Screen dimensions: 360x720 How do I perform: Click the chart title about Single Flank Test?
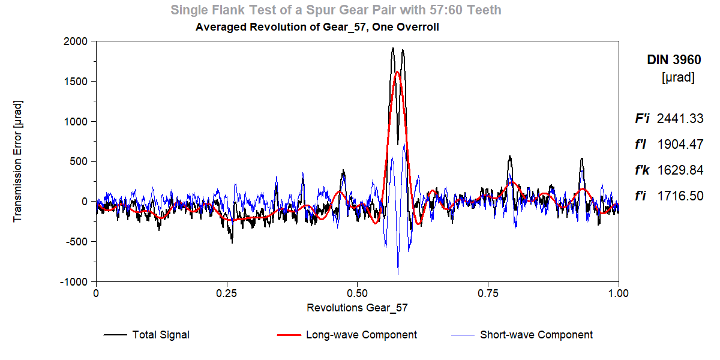(336, 10)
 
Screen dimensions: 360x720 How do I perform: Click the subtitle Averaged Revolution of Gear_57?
(317, 27)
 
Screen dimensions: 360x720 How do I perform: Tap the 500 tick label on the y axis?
(80, 161)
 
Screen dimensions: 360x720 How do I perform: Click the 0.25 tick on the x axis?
(227, 293)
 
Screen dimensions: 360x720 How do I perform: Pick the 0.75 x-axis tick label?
(488, 293)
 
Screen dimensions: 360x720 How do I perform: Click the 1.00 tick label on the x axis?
(618, 293)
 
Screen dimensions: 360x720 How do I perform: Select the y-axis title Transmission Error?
(18, 161)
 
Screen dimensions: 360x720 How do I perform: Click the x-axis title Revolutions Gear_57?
(357, 308)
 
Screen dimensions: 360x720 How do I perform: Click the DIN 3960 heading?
(673, 60)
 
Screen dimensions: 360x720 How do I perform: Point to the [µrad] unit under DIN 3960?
(678, 78)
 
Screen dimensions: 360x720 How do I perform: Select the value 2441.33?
(680, 119)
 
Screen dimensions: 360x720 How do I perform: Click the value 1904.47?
(680, 145)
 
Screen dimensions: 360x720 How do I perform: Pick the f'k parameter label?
(643, 170)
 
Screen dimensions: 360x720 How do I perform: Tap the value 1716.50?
(680, 196)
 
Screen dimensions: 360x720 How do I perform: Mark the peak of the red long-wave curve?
(397, 72)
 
